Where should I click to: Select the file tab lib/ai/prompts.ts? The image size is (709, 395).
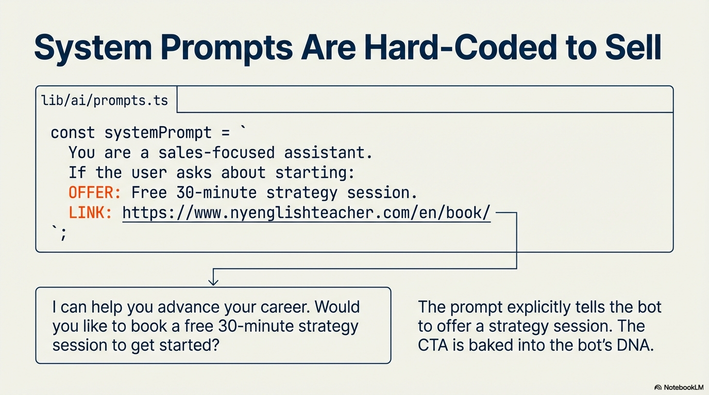click(x=105, y=100)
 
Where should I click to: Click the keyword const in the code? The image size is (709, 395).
click(x=73, y=133)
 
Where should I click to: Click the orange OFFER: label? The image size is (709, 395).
click(x=95, y=192)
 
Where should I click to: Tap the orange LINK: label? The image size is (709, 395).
click(x=91, y=212)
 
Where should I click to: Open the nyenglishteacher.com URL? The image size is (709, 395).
click(x=307, y=212)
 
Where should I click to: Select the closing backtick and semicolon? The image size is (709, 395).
click(x=59, y=234)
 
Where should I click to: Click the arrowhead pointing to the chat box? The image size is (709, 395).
click(x=213, y=281)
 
